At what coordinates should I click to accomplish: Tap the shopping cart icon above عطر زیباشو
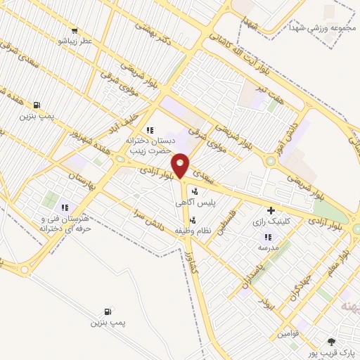click(x=75, y=30)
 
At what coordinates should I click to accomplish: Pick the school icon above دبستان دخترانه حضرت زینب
click(x=149, y=130)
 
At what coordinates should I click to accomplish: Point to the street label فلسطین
click(x=226, y=229)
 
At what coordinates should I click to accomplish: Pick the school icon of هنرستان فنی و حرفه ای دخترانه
click(x=65, y=207)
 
